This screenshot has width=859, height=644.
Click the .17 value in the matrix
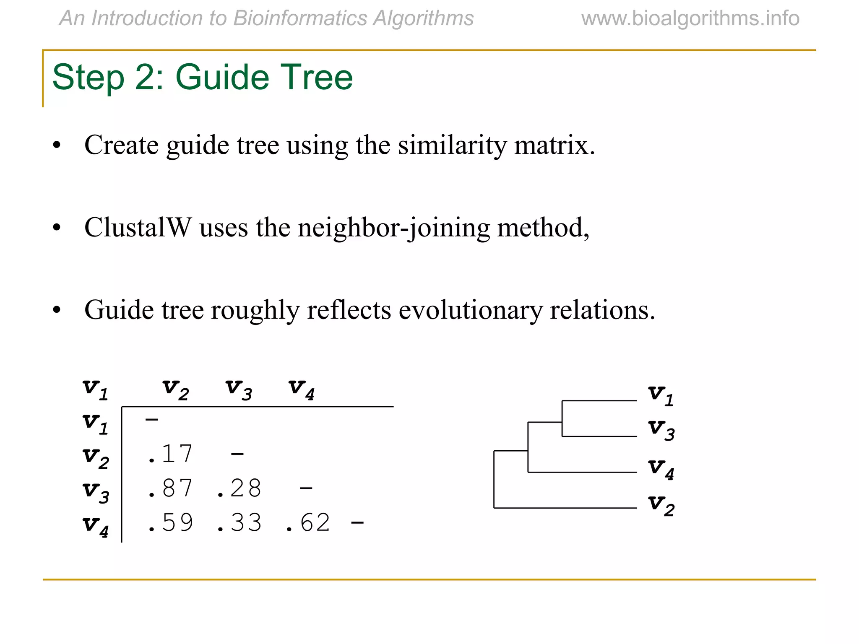tap(170, 454)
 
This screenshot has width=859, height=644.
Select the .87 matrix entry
tap(170, 488)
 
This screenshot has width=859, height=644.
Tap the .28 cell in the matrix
tap(239, 488)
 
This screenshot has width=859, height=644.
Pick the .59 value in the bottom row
tap(170, 523)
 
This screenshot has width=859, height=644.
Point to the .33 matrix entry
tap(239, 523)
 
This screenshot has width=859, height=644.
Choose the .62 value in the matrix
tap(308, 523)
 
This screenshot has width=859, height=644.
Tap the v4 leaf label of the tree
tap(661, 469)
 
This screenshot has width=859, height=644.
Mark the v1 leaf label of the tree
tap(661, 395)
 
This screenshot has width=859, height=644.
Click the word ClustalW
tap(138, 228)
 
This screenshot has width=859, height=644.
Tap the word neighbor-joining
tap(393, 229)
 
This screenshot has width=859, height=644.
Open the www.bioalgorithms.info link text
tap(690, 18)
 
